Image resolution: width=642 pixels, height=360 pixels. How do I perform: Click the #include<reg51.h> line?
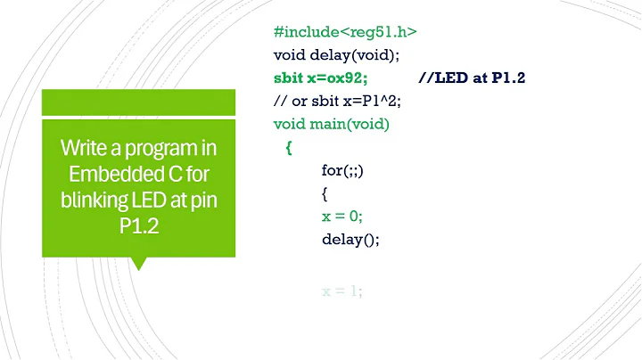point(346,32)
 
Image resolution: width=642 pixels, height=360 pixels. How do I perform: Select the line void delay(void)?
point(337,55)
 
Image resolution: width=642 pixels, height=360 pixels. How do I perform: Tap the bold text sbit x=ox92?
point(321,78)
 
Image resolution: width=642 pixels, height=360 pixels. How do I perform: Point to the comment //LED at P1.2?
point(472,78)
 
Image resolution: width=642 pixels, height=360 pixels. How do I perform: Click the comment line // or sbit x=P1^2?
point(338,101)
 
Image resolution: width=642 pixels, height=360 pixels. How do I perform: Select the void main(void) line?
point(332,124)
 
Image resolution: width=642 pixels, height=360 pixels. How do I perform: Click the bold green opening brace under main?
point(289,148)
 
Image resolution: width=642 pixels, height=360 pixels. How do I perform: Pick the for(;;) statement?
point(342,170)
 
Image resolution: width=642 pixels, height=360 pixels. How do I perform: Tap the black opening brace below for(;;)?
point(325,192)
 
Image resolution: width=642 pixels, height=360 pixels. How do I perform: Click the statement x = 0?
point(342,216)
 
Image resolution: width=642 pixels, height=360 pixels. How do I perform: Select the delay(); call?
point(351,239)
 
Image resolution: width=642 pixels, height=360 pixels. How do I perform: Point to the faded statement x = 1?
point(342,290)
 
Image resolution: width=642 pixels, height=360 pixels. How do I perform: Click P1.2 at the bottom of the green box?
point(138,227)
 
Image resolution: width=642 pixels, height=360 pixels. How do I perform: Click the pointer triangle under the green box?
point(138,263)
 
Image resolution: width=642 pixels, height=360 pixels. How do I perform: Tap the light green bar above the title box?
point(138,102)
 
